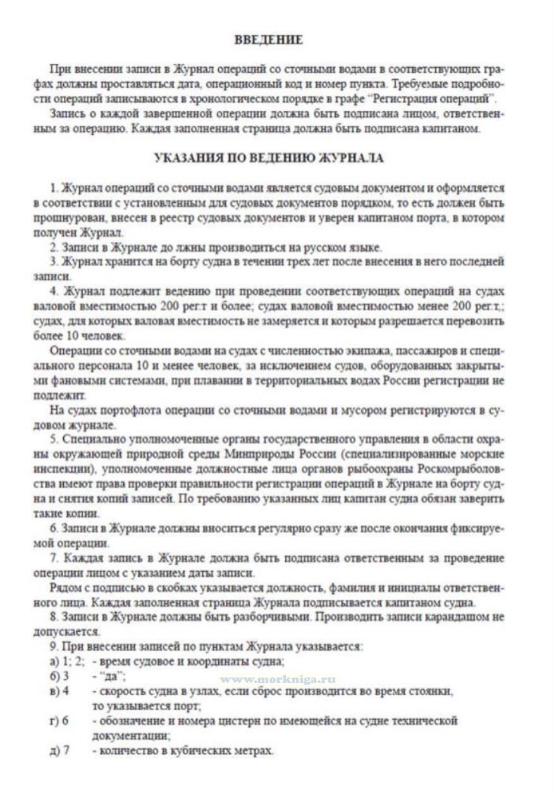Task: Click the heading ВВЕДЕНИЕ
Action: (x=269, y=40)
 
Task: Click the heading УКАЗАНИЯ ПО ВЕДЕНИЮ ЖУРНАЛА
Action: (x=269, y=158)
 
